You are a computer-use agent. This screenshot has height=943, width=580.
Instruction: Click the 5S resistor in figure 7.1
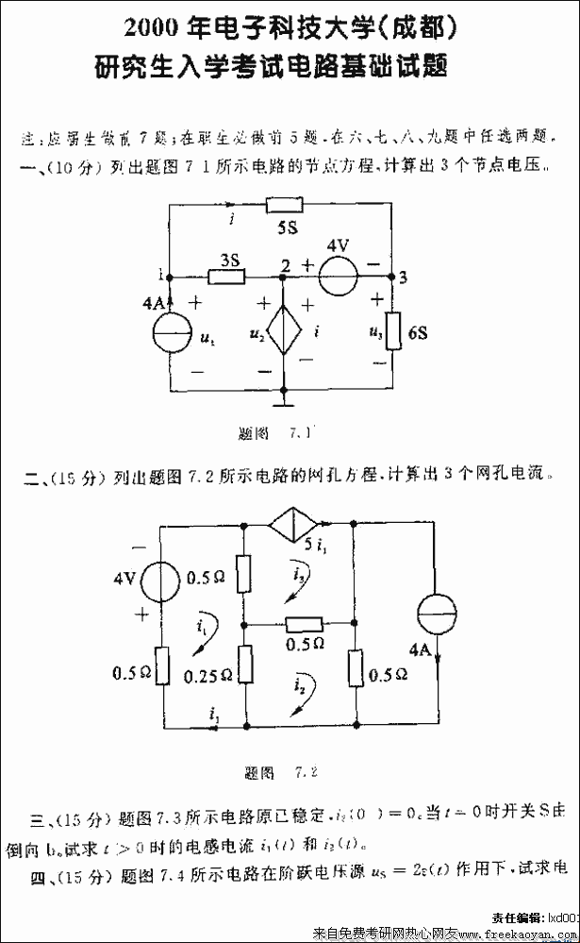coord(284,204)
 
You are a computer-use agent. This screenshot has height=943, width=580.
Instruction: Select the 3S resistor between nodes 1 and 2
coord(226,277)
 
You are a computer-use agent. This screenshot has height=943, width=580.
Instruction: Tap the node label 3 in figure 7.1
coord(404,278)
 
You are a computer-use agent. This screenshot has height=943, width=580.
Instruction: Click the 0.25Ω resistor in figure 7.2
coord(243,666)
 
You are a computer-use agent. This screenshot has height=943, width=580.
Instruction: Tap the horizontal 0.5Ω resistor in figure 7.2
coord(304,623)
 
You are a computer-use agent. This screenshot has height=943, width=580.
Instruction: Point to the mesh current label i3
coord(298,573)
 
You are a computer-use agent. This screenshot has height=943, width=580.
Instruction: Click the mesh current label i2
coord(299,684)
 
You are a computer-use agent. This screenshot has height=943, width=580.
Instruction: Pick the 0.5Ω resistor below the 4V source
coord(161,665)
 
